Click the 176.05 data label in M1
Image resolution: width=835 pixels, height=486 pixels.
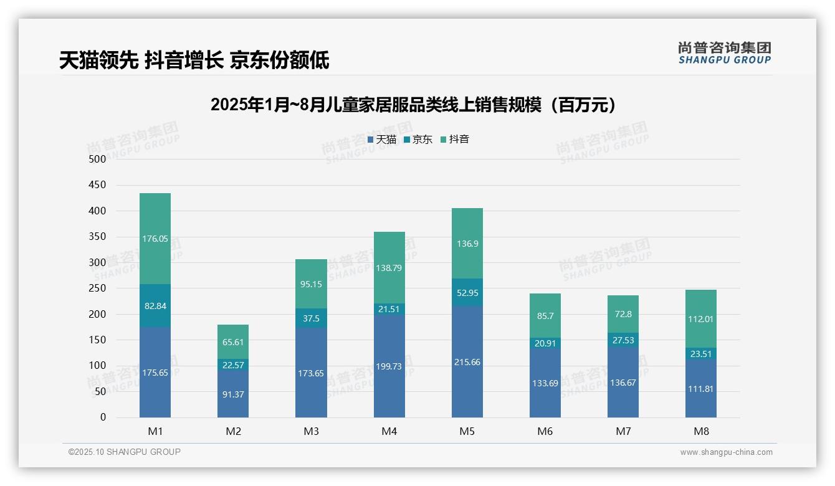pos(155,239)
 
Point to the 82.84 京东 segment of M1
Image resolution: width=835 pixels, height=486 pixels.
pos(155,306)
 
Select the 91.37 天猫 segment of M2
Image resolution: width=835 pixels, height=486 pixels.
pos(233,394)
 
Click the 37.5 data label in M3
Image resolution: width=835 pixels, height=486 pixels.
pos(311,318)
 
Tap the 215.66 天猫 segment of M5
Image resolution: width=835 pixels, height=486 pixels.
pos(467,362)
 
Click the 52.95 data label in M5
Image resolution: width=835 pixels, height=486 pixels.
pos(467,292)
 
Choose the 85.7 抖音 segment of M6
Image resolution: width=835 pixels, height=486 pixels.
pos(545,316)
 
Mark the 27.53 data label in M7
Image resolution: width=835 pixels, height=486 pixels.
pos(623,340)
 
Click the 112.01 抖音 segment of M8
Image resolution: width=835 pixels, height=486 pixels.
pos(701,319)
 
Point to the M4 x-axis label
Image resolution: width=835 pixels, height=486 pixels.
pos(389,431)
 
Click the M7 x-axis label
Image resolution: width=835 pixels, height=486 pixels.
pos(623,431)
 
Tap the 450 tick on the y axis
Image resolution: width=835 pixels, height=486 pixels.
pos(97,185)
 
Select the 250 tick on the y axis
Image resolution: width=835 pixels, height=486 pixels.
pos(97,288)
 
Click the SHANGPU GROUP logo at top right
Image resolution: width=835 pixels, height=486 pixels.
pos(724,53)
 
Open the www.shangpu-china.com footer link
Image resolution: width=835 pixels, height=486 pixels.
pos(726,452)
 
